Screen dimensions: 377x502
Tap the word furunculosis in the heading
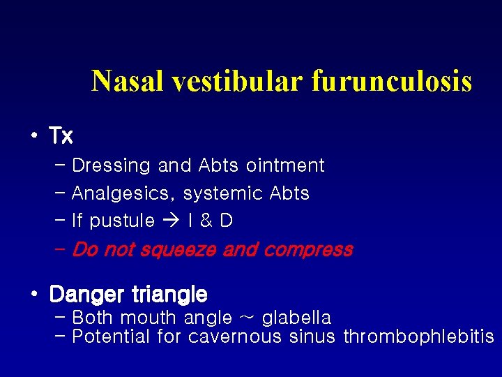[392, 82]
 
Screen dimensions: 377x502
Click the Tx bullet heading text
[61, 135]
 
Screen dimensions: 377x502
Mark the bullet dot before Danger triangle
[33, 293]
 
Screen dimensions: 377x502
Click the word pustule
[123, 221]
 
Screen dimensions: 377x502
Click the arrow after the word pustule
[171, 221]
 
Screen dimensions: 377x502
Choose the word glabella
[297, 318]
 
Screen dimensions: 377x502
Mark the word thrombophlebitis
[418, 337]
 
